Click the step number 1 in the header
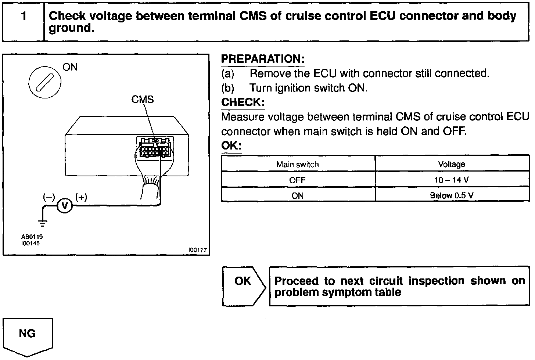coord(24,17)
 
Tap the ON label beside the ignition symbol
coord(70,67)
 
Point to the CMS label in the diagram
coord(143,100)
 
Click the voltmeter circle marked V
coord(65,206)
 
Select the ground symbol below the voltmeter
coord(43,222)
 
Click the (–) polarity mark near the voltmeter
coord(49,197)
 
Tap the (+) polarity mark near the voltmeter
coord(81,197)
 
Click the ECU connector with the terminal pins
coord(154,147)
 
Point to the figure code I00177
coord(198,250)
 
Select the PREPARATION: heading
coord(263,59)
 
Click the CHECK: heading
coord(243,102)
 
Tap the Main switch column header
coord(298,164)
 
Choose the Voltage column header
coord(452,164)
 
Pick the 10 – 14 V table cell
coord(452,180)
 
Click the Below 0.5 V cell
coord(452,195)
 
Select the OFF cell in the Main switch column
coord(298,180)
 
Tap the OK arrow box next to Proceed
coord(243,285)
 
